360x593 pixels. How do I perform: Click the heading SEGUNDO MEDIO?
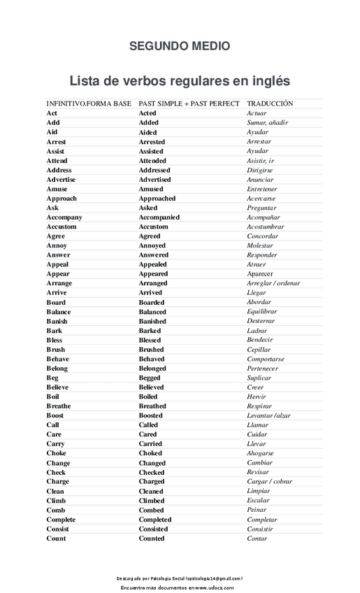coord(180,46)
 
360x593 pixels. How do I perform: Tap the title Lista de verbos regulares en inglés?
coord(180,80)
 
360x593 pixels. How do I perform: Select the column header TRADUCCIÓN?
coord(270,103)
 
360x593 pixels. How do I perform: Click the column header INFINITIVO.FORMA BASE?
coord(89,103)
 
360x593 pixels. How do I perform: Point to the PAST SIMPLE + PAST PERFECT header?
coord(189,103)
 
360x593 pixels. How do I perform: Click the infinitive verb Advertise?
coord(62,180)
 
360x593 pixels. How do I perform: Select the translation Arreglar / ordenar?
coord(273,284)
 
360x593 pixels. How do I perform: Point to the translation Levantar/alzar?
coord(268,415)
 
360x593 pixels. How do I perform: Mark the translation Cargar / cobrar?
coord(270,482)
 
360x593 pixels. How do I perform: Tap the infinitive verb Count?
coord(57,539)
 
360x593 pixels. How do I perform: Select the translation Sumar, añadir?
coord(268,122)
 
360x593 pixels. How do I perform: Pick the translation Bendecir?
coord(260,341)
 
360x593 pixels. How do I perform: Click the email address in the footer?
coord(209,579)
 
